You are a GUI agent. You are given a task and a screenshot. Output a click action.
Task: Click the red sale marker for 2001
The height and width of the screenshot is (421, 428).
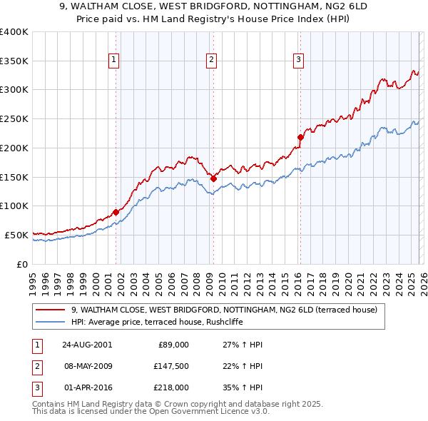point(116,212)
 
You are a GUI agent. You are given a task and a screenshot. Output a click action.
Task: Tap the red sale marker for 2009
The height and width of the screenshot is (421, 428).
point(213,178)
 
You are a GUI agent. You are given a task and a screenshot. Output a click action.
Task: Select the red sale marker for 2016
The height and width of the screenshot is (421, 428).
point(300,137)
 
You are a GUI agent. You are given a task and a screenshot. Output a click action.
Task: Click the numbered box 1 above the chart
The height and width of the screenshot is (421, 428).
point(115,60)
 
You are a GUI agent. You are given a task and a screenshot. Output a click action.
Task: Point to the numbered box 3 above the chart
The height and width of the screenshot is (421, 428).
point(298,60)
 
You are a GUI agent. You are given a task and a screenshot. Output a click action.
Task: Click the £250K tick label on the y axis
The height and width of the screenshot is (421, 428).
point(14,119)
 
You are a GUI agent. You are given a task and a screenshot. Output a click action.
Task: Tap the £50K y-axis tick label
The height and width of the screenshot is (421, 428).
point(16,235)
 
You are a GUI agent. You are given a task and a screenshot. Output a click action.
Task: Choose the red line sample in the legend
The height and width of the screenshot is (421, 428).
point(51,310)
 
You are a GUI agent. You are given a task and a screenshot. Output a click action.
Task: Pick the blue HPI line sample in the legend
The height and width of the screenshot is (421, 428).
point(51,322)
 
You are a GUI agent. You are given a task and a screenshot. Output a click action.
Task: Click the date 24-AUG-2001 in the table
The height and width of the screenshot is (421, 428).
point(88,345)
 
